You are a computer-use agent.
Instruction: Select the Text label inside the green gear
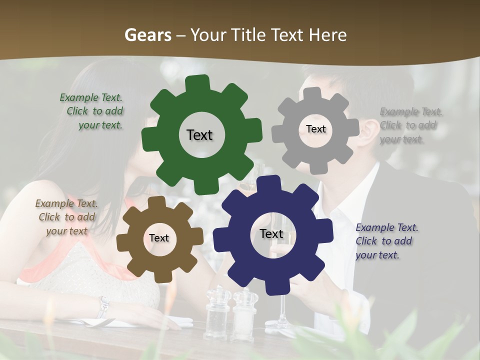click(199, 135)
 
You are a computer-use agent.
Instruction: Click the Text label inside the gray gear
click(315, 129)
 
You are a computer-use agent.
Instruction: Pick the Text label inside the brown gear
click(159, 238)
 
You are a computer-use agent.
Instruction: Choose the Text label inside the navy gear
click(271, 234)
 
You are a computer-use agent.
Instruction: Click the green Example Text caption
click(92, 111)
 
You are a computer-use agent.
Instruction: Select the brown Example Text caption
click(66, 217)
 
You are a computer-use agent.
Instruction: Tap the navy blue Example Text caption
click(386, 241)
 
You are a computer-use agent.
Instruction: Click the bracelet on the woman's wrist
click(103, 306)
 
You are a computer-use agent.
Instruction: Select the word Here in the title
click(327, 35)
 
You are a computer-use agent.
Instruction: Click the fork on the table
click(95, 323)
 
